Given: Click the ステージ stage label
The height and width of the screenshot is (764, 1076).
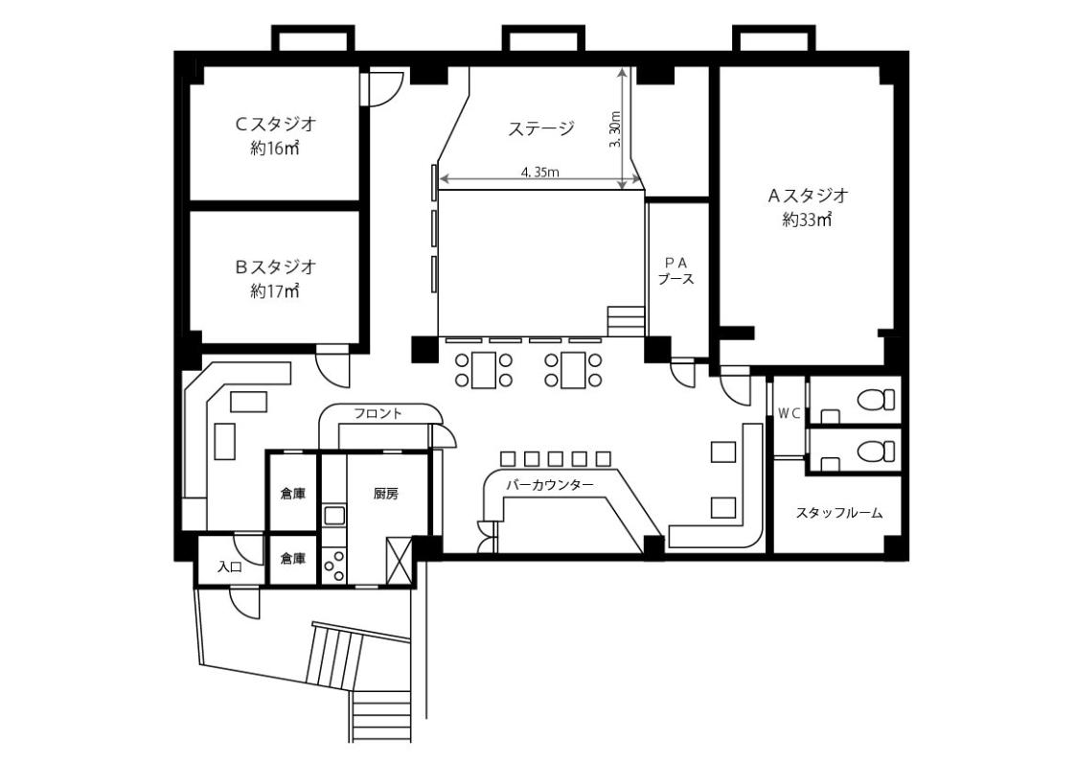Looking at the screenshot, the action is coord(540,128).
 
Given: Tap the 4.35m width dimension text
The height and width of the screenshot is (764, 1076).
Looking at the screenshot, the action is coord(539,173).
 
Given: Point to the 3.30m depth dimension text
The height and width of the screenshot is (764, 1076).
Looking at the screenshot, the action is coord(614,129).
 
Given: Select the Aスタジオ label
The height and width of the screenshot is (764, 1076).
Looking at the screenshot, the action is coord(808,196).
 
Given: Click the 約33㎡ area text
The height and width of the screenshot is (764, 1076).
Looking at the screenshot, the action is coord(808,220).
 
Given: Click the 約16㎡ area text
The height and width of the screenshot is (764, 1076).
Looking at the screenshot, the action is coord(275,149).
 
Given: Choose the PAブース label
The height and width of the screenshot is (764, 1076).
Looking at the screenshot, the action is coord(675,271).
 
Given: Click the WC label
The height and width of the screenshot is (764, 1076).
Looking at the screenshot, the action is coord(790,413).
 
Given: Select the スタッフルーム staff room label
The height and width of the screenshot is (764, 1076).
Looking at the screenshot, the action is coord(838,513).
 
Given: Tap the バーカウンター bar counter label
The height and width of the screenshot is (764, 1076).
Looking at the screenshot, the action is coord(550,485).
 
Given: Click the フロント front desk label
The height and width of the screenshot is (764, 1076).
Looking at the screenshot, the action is coord(378,413).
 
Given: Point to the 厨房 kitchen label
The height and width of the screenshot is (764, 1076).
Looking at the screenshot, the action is coord(386,494).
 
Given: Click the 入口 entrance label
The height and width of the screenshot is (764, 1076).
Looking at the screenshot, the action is coord(230,567).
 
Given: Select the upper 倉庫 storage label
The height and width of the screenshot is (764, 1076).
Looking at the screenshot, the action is coord(293,494).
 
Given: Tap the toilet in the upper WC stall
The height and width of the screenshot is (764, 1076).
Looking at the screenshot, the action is coord(877,400).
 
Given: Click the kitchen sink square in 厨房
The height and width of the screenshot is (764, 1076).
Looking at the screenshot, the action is coord(335,516).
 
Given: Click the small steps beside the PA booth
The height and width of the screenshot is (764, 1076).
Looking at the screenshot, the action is coord(626,321).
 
